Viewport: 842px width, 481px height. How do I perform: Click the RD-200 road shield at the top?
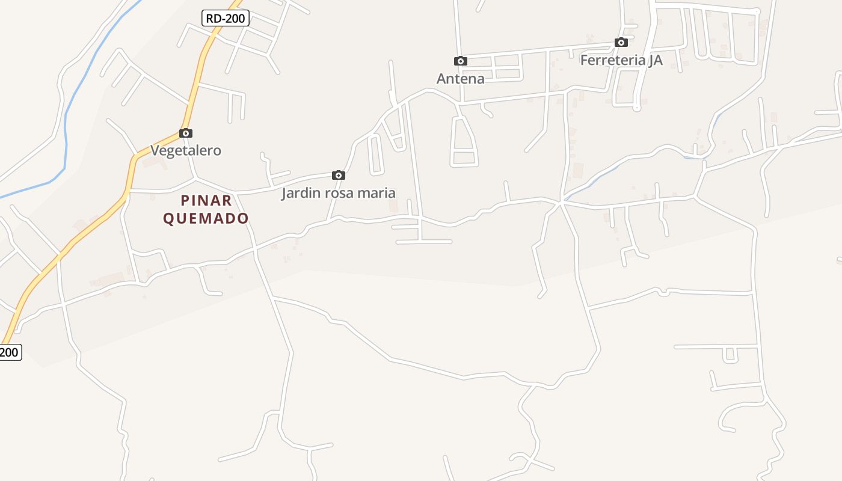(x=226, y=19)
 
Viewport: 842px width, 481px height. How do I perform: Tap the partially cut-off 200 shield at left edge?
(x=10, y=352)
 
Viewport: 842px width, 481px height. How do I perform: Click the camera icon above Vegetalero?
(x=186, y=133)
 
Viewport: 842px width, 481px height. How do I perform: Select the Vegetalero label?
(x=186, y=150)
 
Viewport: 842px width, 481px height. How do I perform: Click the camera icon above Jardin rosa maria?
(x=339, y=176)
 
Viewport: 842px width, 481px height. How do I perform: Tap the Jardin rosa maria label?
(x=339, y=193)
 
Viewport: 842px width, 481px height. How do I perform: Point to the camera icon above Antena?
(x=461, y=61)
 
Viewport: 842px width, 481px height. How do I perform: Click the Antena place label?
(x=461, y=79)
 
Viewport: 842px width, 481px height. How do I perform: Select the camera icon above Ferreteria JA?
(x=621, y=43)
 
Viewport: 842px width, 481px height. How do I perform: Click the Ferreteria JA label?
(x=621, y=60)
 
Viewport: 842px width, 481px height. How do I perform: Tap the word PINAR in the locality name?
(x=206, y=200)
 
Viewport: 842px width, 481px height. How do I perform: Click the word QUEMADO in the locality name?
(x=206, y=218)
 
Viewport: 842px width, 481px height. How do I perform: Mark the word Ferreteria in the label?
(x=612, y=60)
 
